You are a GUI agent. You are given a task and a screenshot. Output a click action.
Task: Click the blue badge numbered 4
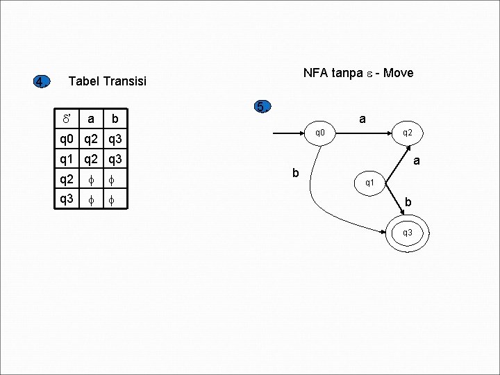pos(42,82)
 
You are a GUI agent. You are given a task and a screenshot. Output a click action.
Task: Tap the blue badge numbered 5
pos(260,107)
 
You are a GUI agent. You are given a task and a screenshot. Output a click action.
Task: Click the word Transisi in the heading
pos(125,82)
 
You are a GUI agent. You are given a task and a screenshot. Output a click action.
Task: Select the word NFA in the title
pos(316,72)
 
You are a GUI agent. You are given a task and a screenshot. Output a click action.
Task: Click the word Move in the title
pos(398,72)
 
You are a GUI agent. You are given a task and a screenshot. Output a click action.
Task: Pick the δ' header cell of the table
pos(67,119)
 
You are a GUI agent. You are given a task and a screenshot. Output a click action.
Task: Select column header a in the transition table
pos(91,119)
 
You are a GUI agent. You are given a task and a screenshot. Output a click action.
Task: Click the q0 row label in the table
pos(67,139)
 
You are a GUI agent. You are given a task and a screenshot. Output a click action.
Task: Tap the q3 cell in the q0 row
pos(115,139)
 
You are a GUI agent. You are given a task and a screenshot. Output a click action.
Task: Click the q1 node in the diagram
pos(370,183)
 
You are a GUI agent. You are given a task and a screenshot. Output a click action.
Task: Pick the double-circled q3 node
pos(407,232)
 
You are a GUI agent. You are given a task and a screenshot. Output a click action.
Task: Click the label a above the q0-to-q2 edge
pos(362,119)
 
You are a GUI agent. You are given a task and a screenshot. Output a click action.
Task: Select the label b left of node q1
pos(295,172)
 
